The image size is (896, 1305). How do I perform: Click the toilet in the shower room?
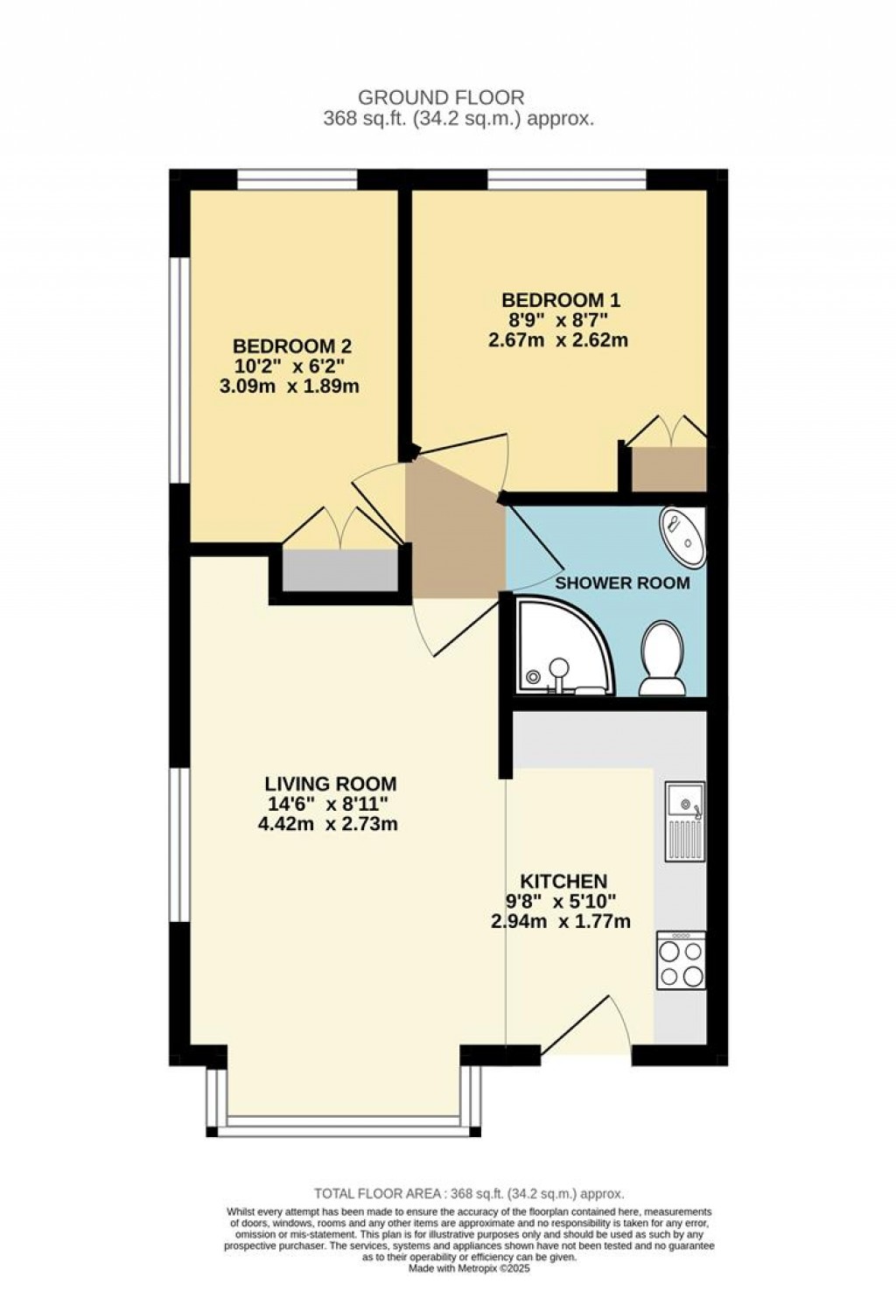[x=661, y=658]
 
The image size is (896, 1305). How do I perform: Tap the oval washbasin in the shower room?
[x=682, y=537]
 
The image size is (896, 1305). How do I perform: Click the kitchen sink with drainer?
[x=684, y=820]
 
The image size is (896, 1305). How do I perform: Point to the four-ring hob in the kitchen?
[x=681, y=961]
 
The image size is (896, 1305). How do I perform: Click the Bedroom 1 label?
[x=559, y=301]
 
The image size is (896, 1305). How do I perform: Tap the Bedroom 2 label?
[x=291, y=345]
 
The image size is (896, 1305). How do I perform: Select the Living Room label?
[x=331, y=784]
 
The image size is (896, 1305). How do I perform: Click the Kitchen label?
[x=563, y=881]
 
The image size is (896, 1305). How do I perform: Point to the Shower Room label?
[x=623, y=583]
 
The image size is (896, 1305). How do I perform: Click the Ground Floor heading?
[x=441, y=98]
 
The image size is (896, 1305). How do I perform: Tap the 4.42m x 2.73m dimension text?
[x=328, y=824]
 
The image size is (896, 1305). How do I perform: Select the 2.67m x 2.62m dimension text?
[x=558, y=340]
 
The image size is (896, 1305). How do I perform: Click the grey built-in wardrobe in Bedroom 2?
[x=339, y=570]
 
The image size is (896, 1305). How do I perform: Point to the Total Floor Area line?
[x=469, y=1193]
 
